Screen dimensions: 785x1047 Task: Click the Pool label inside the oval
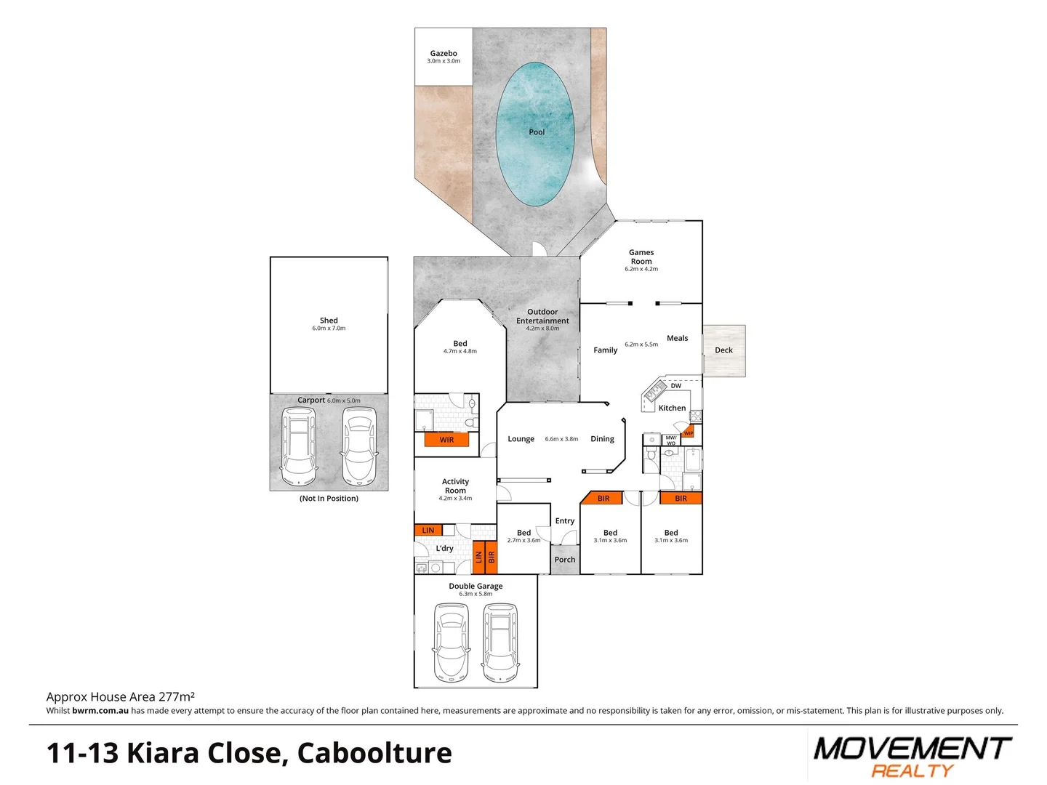pyautogui.click(x=537, y=132)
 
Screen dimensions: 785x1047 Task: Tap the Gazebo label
pyautogui.click(x=444, y=53)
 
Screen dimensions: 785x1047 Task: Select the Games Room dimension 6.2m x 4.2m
pyautogui.click(x=641, y=269)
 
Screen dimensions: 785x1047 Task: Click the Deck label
pyautogui.click(x=723, y=350)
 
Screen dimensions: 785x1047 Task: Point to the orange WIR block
pyautogui.click(x=446, y=440)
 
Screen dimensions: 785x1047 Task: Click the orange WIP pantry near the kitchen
pyautogui.click(x=688, y=432)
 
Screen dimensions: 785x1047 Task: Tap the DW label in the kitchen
pyautogui.click(x=676, y=386)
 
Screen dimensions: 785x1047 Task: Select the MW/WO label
pyautogui.click(x=671, y=440)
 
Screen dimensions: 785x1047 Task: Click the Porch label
pyautogui.click(x=565, y=560)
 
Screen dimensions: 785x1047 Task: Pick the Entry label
pyautogui.click(x=565, y=520)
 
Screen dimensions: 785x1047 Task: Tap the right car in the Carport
pyautogui.click(x=360, y=445)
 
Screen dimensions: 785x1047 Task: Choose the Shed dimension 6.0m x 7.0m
pyautogui.click(x=329, y=329)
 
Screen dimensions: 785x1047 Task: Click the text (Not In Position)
pyautogui.click(x=329, y=499)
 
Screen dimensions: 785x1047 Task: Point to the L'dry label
pyautogui.click(x=444, y=549)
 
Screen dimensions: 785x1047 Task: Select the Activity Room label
pyautogui.click(x=455, y=486)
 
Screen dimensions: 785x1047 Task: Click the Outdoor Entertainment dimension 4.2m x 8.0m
pyautogui.click(x=543, y=329)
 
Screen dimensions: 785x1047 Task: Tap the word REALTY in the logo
pyautogui.click(x=912, y=770)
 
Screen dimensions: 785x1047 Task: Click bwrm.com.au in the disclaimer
pyautogui.click(x=100, y=711)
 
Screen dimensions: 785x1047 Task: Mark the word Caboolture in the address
pyautogui.click(x=374, y=753)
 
